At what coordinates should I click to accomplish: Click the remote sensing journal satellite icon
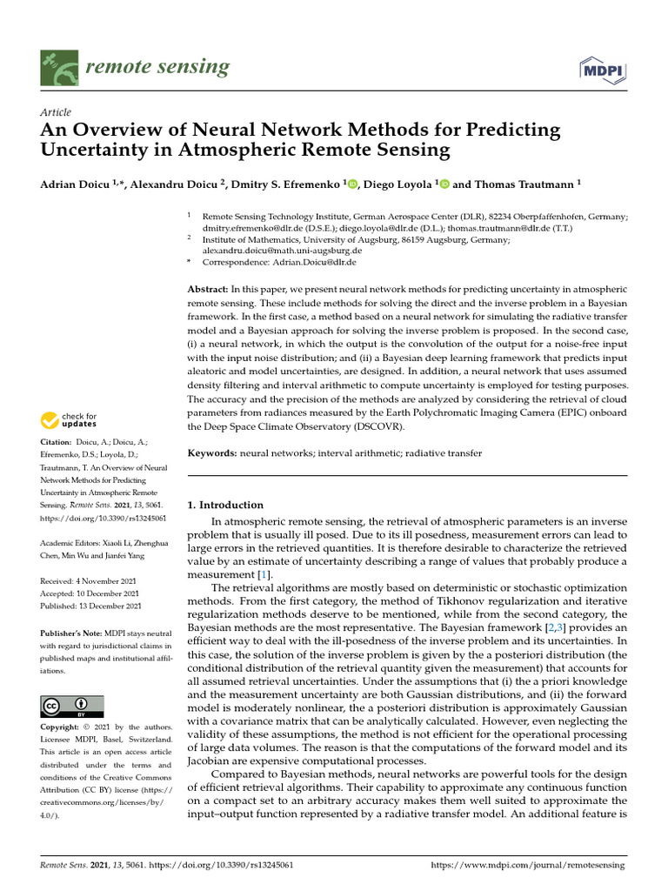click(59, 68)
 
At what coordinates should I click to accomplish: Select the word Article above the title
click(57, 112)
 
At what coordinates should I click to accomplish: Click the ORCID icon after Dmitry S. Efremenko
click(353, 184)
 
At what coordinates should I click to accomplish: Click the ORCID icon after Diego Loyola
click(444, 184)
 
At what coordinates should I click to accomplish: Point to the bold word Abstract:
click(208, 288)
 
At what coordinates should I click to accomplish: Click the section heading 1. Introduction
click(225, 505)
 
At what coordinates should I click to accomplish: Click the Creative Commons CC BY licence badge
click(72, 706)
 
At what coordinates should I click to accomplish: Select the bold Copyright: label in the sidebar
click(63, 727)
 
